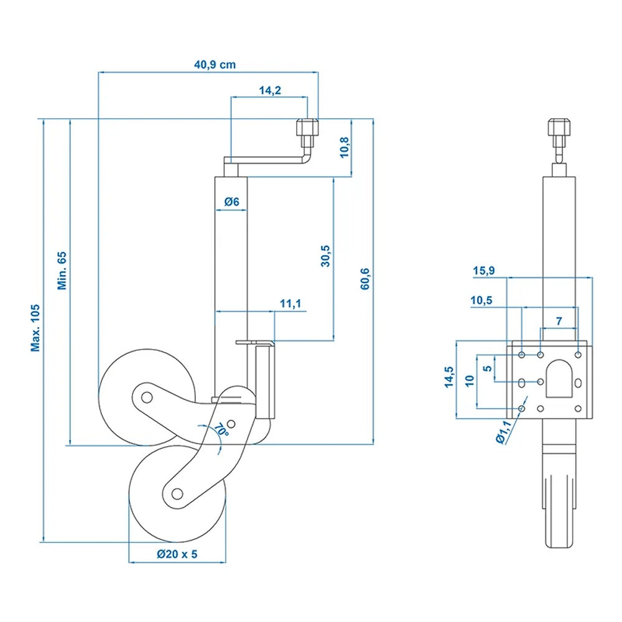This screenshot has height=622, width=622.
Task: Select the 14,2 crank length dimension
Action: coord(270,90)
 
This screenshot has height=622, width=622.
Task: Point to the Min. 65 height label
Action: coord(62,271)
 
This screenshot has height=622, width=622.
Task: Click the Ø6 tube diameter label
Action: coord(231,202)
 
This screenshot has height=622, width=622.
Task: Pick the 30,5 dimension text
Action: coord(325,256)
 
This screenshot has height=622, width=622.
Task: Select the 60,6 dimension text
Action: coord(364,279)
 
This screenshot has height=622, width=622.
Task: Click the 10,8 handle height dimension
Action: coord(344,147)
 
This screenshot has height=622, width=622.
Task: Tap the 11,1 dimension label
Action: coord(290,304)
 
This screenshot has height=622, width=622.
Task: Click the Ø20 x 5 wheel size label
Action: coord(177,555)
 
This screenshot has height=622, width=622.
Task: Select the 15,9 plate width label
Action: coord(484,271)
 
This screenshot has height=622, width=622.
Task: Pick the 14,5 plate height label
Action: coord(448,378)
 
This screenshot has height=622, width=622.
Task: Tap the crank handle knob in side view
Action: coord(307,131)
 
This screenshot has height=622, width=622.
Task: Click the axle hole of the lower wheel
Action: coord(177,494)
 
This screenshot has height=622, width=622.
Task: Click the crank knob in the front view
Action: coord(558,130)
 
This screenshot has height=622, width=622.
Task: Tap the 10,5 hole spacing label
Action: coord(482,300)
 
